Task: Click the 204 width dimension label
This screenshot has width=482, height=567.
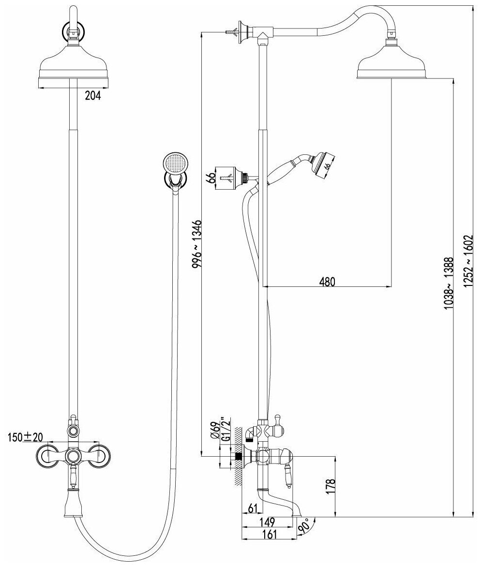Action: (92, 96)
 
